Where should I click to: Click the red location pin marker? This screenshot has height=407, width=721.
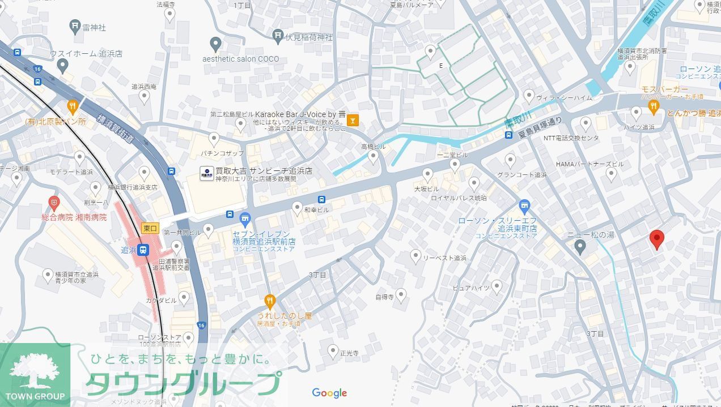coord(657,239)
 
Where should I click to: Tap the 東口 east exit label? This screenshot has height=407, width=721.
coord(150,228)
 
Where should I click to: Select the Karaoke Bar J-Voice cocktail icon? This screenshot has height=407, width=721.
coord(353,120)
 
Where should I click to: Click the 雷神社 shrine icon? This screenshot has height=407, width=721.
coord(75,25)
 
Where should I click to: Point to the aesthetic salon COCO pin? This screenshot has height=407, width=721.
coord(215,43)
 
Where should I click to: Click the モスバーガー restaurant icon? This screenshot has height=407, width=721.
coord(654,105)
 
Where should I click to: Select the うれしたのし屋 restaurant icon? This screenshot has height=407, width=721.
coord(270,299)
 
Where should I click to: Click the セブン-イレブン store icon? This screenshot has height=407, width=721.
coord(245,218)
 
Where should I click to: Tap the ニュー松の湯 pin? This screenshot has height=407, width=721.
coord(579,246)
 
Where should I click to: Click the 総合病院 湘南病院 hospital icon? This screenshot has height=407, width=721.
coord(54,202)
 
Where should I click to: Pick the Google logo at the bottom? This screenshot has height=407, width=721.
coord(329,393)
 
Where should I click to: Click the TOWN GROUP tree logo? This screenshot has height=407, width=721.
coord(35,374)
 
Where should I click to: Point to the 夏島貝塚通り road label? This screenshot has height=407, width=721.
coord(539,127)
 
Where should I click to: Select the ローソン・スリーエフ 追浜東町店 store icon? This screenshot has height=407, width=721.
coord(524,205)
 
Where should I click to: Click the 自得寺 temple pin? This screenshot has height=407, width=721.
coord(401,294)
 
